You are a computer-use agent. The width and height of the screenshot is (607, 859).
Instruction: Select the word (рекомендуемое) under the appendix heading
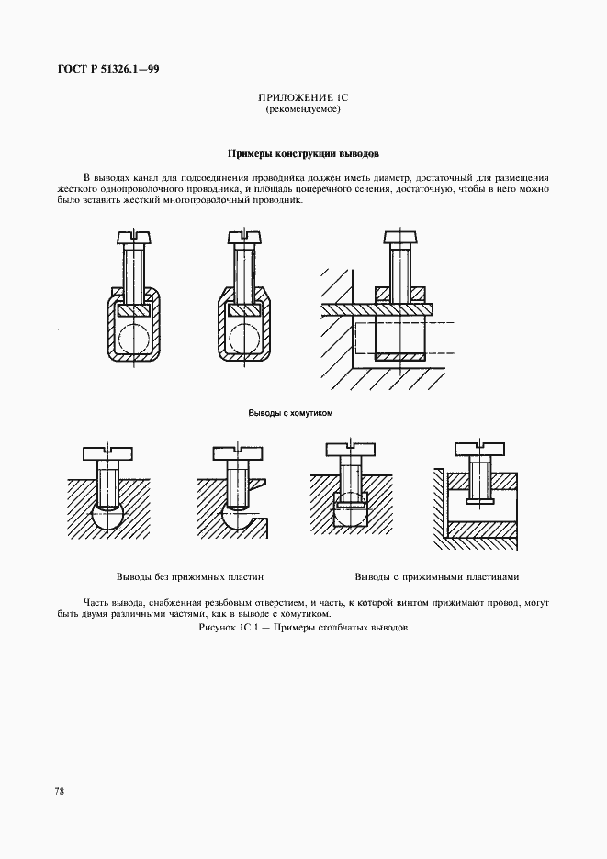tap(303, 108)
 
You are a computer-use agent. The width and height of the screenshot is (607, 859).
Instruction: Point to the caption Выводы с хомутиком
tap(290, 413)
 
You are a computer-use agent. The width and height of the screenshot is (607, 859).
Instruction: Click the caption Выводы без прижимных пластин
tap(190, 577)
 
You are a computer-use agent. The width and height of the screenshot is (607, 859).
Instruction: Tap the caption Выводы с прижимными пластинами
tap(437, 577)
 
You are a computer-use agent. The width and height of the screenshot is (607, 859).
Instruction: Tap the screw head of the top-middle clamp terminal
tap(243, 239)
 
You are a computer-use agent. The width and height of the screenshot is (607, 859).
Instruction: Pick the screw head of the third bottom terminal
tap(352, 450)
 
